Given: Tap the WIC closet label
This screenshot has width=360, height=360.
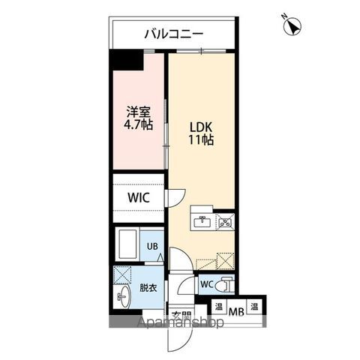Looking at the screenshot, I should point(139,198).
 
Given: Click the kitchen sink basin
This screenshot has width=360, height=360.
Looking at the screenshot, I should point(202,221).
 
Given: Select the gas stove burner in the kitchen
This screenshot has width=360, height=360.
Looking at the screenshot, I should point(225,221).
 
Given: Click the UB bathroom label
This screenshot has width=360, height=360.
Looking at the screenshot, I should point(151,246).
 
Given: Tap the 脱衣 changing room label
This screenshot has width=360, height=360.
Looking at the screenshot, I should point(148,288).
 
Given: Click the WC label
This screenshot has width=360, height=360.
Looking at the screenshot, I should point(208,284).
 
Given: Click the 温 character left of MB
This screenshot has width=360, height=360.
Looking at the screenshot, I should point(217,307).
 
